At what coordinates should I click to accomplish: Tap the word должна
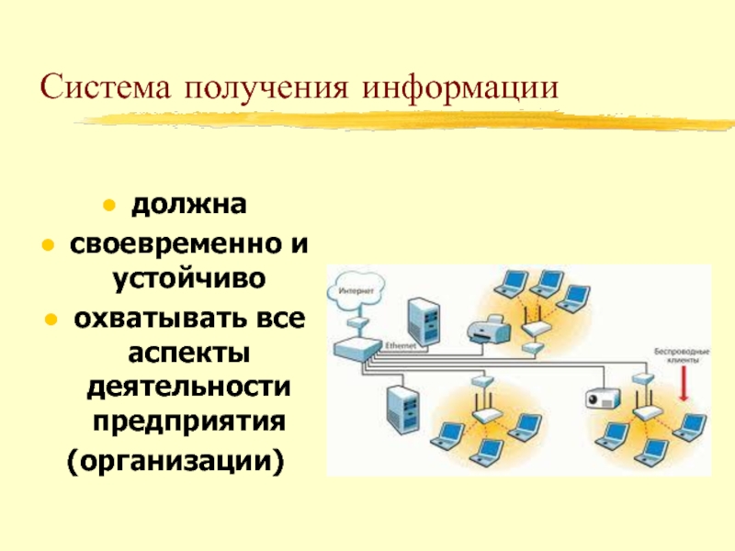tap(187, 205)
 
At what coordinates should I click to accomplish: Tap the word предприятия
tap(188, 421)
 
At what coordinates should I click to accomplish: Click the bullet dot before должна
tap(108, 205)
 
